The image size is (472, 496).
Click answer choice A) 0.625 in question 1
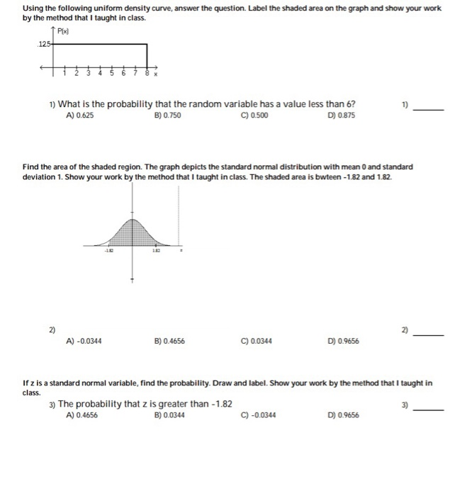coord(79,115)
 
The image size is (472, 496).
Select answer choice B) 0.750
coord(167,115)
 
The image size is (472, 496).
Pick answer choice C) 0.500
coord(256,115)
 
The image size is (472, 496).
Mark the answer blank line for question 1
coord(429,110)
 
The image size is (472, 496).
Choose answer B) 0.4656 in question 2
coord(169,341)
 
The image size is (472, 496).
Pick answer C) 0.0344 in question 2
coord(257,341)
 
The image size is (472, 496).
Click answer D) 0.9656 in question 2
coord(344,341)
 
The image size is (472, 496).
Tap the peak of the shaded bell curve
coord(130,213)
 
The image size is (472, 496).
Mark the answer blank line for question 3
coord(429,410)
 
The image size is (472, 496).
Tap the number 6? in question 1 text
coord(350,104)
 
